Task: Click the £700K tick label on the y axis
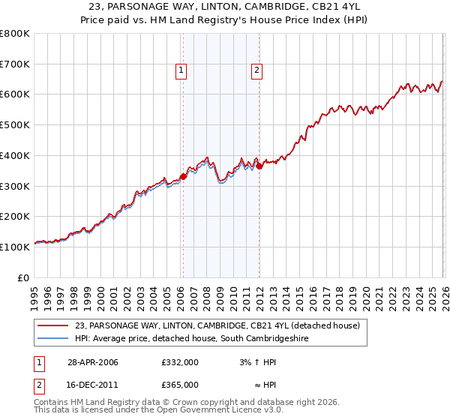(x=15, y=64)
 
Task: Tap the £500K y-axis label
(x=15, y=125)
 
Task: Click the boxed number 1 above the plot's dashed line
(x=181, y=71)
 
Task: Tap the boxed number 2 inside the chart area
(x=257, y=71)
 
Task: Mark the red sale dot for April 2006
(x=183, y=176)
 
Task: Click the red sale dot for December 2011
(x=259, y=166)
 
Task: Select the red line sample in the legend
(x=52, y=326)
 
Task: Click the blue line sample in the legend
(x=52, y=339)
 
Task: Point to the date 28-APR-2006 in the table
(x=93, y=362)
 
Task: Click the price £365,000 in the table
(x=180, y=385)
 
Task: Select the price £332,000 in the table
(x=180, y=362)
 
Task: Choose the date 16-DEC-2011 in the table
(x=93, y=385)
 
